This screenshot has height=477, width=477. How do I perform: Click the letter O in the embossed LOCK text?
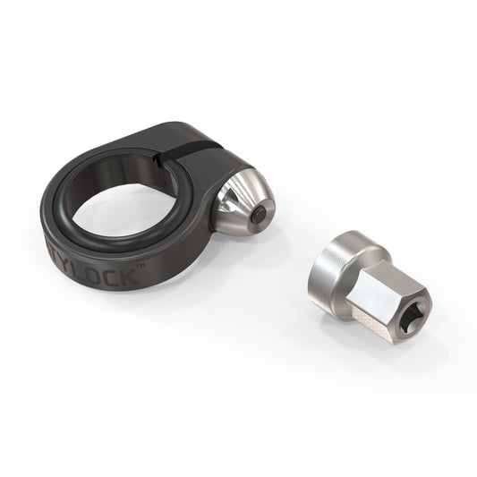[120, 277]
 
